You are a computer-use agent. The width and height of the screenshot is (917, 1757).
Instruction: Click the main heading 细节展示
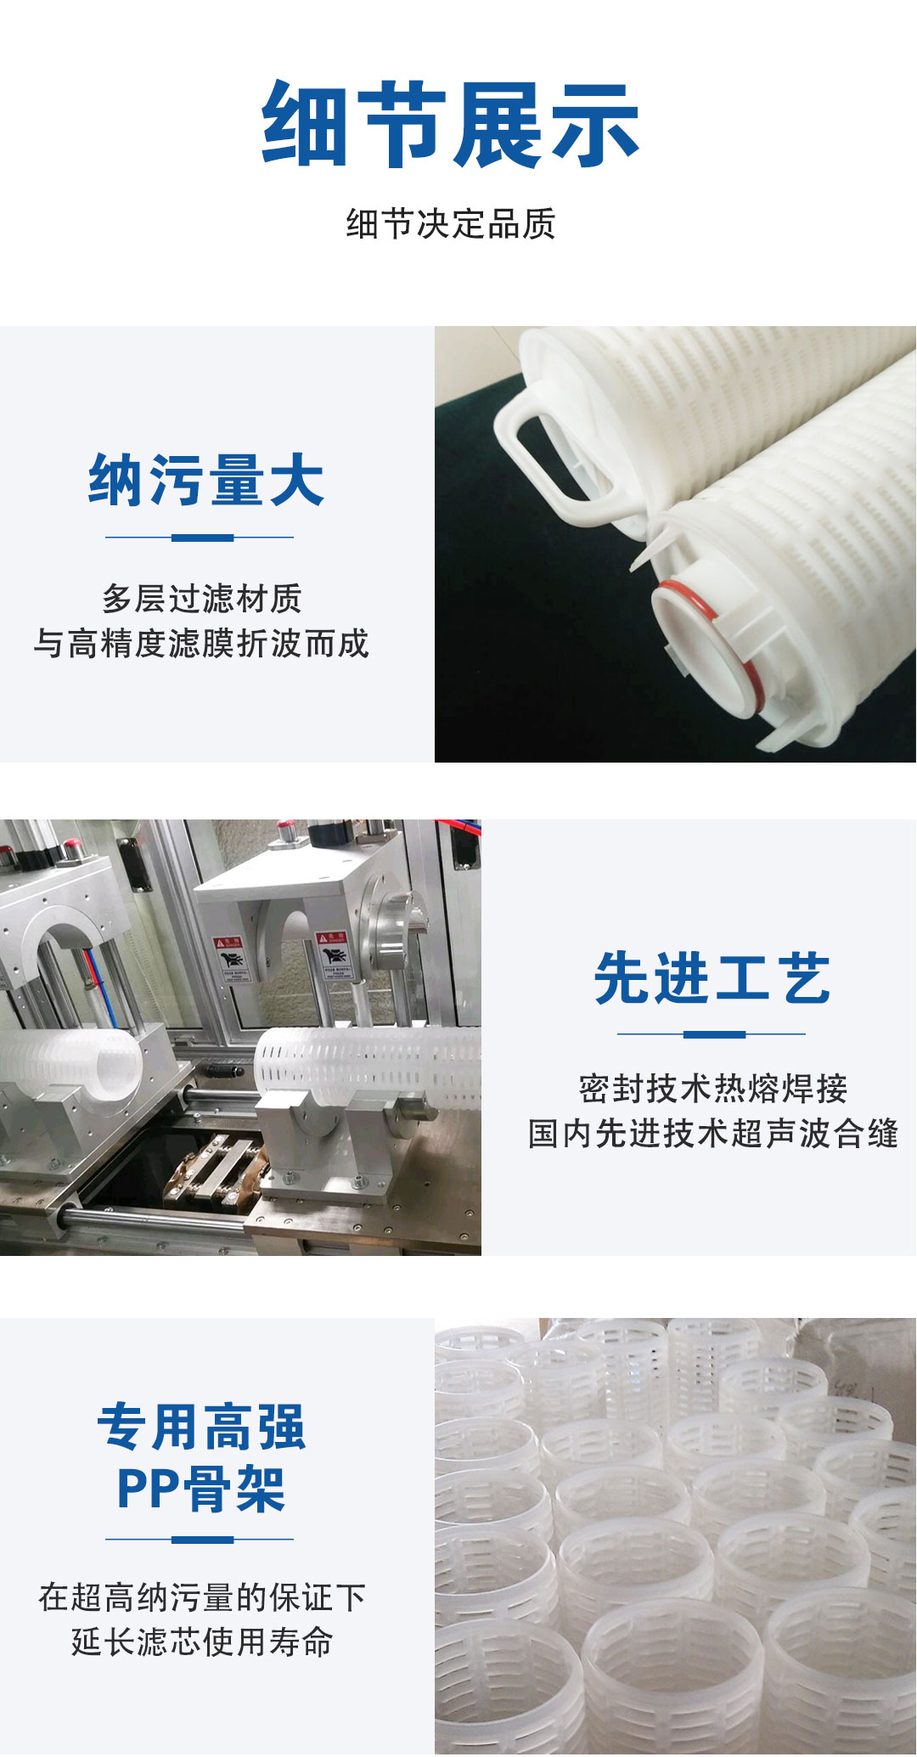tap(450, 125)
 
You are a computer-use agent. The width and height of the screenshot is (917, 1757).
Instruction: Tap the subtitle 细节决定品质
tap(451, 224)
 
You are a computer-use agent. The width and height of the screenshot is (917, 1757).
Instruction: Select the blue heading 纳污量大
tap(206, 480)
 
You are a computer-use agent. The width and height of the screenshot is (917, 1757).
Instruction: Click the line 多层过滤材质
tap(202, 599)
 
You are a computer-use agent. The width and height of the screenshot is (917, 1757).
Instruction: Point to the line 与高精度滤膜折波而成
tap(201, 644)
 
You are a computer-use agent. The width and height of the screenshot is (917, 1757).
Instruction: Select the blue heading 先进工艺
tap(712, 978)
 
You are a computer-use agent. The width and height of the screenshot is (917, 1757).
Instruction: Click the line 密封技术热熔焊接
tap(713, 1089)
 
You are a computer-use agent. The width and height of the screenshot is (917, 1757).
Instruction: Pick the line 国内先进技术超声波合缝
tap(713, 1134)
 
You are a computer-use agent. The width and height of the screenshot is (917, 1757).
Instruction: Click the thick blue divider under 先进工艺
tap(714, 1034)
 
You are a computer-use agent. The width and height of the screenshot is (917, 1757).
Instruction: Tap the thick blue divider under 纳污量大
tap(202, 538)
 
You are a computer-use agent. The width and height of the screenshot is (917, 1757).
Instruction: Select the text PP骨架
tap(201, 1490)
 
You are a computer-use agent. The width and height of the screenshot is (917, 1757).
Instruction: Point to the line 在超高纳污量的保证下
tap(202, 1597)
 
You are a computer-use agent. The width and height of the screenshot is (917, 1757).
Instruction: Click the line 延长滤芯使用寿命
tap(202, 1642)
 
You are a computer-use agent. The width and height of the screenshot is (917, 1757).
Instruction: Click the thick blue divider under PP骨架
tap(202, 1540)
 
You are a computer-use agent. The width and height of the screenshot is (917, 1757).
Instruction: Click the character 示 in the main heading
tap(594, 125)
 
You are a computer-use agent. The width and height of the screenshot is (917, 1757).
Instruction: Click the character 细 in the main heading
tap(305, 125)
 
